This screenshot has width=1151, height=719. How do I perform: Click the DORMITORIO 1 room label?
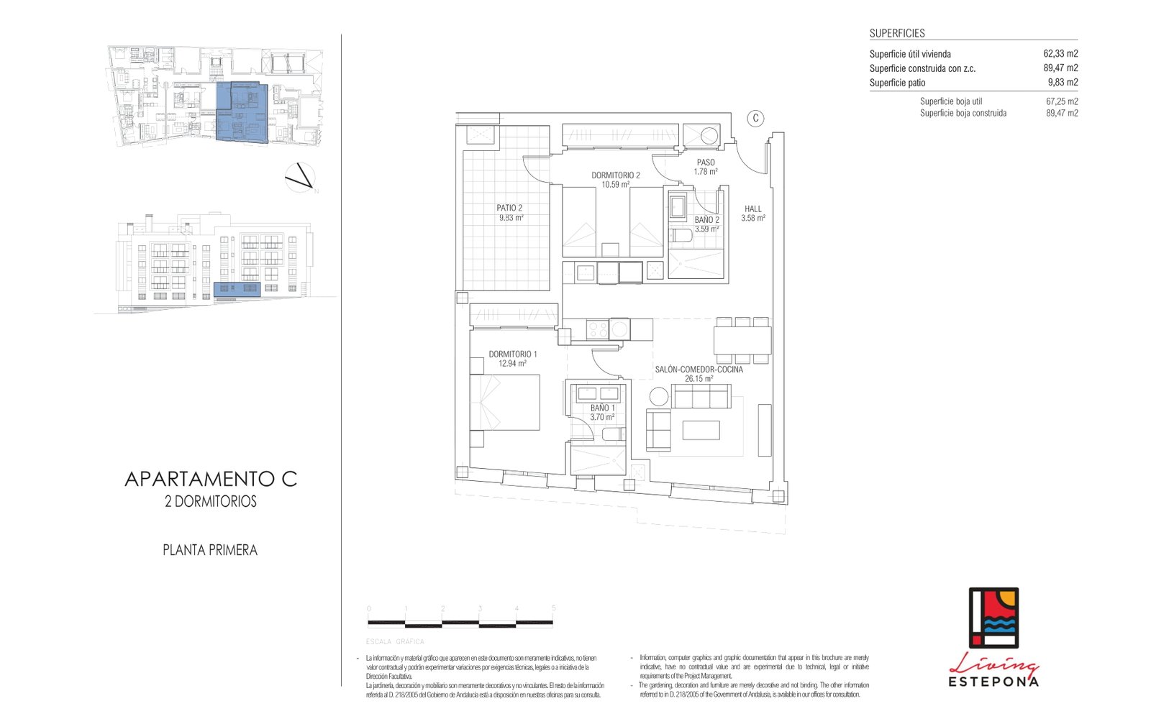(512, 354)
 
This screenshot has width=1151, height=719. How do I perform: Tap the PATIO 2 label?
(509, 208)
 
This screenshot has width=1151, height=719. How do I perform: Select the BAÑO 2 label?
(706, 220)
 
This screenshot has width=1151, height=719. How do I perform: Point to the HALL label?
(752, 209)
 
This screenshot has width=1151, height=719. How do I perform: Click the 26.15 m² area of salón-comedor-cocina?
(699, 379)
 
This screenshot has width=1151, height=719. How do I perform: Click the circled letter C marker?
(755, 119)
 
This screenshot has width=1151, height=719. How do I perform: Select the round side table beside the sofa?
(658, 396)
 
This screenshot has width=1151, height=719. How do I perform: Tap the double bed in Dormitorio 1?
(505, 403)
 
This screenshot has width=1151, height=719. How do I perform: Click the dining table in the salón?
(742, 340)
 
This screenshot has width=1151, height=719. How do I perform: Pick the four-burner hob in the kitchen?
(598, 329)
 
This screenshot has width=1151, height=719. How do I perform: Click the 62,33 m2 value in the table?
(1060, 54)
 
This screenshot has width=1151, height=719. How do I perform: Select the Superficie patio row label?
(897, 83)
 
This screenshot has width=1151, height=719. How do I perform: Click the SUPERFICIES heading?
(896, 33)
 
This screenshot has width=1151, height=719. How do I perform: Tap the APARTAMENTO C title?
(211, 479)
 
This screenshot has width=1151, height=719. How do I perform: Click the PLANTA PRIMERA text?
(209, 550)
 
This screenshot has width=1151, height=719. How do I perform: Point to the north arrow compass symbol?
(300, 178)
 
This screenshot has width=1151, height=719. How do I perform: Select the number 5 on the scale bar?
(553, 608)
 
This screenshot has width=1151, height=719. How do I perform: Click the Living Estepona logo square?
(993, 618)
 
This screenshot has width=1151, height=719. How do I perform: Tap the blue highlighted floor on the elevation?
(237, 289)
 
